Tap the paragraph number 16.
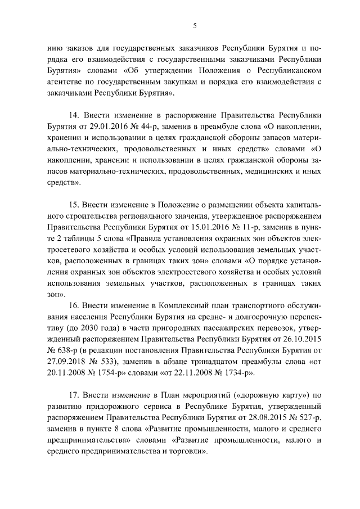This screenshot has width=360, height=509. (74, 304)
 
